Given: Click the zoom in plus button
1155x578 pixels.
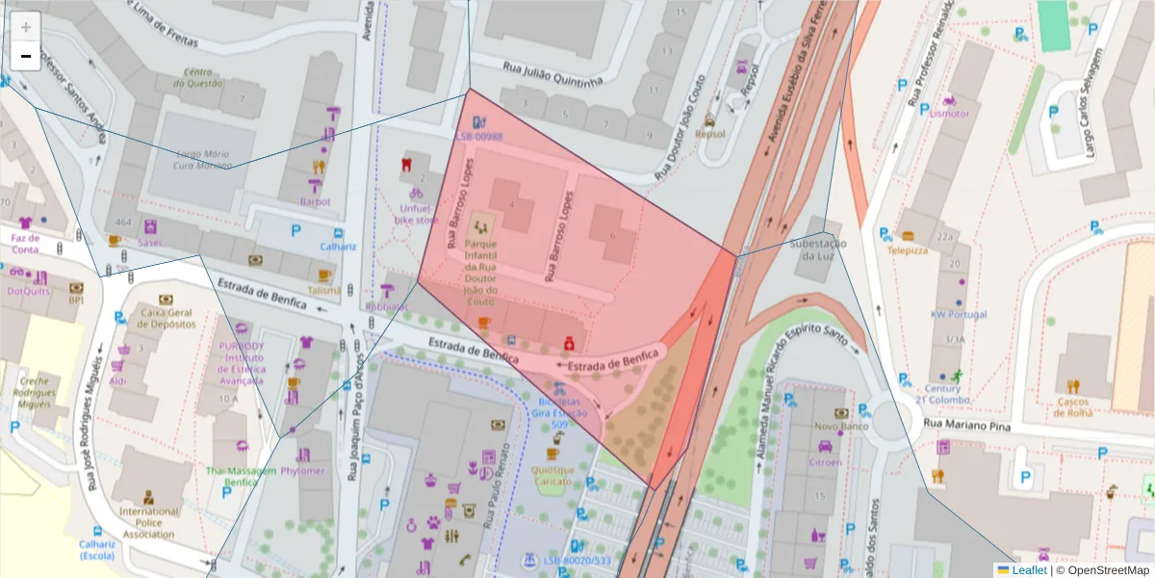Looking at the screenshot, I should pos(26,27).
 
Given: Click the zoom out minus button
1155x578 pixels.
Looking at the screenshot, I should pos(26,56).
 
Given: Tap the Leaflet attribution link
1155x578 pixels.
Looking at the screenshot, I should pos(1028,570).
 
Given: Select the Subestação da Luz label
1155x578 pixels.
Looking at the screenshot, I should pos(817,250).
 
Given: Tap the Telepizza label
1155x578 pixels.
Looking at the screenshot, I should pos(908,250).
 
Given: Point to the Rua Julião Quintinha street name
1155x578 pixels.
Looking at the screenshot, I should pos(552,74).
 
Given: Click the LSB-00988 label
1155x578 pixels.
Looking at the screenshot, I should pos(479,137).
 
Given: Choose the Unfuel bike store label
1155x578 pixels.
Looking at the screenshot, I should pos(416,214).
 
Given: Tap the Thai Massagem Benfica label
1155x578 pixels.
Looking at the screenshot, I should pos(241,476).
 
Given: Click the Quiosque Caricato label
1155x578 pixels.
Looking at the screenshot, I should pos(552,476).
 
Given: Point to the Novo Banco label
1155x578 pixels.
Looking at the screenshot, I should pos(840,426).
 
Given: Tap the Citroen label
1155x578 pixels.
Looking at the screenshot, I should pos(825,461).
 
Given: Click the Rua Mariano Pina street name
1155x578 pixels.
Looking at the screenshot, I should pos(965,423).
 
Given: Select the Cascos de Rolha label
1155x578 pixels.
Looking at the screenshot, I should pos(1074,407).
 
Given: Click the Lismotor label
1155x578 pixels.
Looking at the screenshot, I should pos(950,114).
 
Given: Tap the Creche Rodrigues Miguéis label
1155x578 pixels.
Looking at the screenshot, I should pos(34,393).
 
